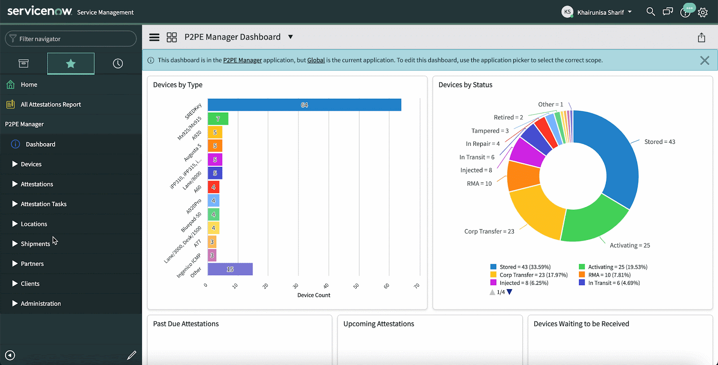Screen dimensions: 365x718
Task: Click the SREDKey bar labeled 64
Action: pyautogui.click(x=304, y=105)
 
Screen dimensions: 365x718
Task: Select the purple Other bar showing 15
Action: pyautogui.click(x=230, y=269)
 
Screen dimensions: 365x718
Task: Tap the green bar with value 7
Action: pyautogui.click(x=218, y=119)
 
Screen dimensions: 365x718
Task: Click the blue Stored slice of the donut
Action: pyautogui.click(x=615, y=152)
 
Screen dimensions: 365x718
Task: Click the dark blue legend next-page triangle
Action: pyautogui.click(x=509, y=292)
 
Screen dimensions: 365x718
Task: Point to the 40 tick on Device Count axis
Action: pyautogui.click(x=326, y=286)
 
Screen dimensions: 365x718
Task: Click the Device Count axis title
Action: pyautogui.click(x=314, y=295)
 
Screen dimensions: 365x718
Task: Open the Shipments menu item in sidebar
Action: pyautogui.click(x=35, y=244)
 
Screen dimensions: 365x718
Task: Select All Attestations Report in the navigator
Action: pyautogui.click(x=51, y=104)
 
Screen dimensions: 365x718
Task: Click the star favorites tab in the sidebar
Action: pyautogui.click(x=70, y=64)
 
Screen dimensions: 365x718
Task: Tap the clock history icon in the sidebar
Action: pyautogui.click(x=118, y=64)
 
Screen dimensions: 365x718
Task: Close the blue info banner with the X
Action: pyautogui.click(x=705, y=61)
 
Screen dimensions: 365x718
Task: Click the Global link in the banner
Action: pyautogui.click(x=316, y=60)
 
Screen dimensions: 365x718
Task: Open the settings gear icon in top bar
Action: pyautogui.click(x=703, y=13)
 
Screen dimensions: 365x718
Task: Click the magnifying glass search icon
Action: pyautogui.click(x=650, y=12)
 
